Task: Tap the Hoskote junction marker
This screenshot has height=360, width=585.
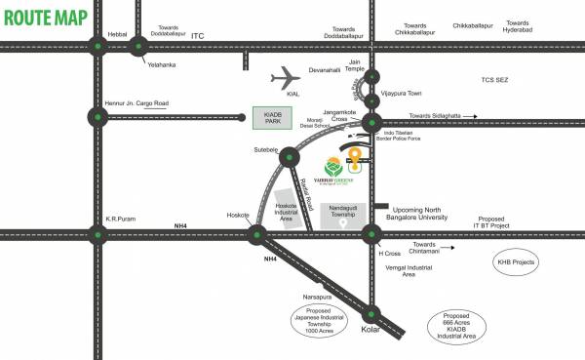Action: (258, 260)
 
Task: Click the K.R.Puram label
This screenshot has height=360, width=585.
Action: (120, 248)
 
